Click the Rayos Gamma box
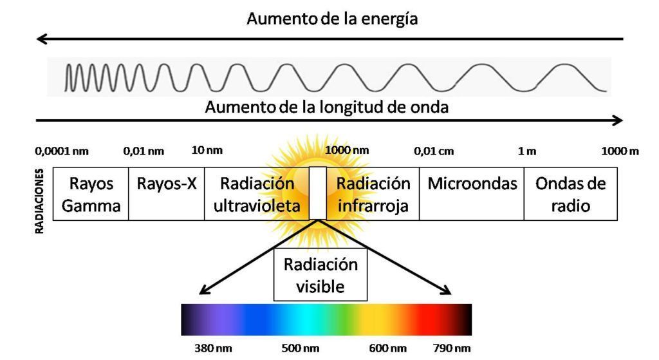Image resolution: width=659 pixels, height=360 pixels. click(91, 194)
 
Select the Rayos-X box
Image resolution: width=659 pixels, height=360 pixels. click(167, 194)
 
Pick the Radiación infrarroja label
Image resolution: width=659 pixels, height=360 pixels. click(373, 194)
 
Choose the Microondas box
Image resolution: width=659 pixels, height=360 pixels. click(472, 194)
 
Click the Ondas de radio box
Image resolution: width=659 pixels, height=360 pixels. click(571, 194)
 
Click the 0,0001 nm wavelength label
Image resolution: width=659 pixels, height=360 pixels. click(62, 151)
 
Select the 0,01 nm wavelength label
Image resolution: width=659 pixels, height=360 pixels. click(144, 151)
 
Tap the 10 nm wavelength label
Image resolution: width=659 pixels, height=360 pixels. click(207, 151)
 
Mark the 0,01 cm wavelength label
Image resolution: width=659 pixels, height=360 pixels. click(433, 151)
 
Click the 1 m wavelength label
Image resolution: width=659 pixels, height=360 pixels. click(527, 151)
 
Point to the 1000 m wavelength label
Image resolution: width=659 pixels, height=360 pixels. click(620, 151)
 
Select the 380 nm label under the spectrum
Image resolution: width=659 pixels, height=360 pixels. click(214, 348)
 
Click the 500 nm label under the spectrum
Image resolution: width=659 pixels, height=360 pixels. click(301, 348)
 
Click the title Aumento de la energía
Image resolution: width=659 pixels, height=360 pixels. click(332, 19)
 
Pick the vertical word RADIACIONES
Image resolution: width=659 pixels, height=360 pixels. click(41, 202)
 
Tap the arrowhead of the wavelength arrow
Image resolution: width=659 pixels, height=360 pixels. click(619, 120)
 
